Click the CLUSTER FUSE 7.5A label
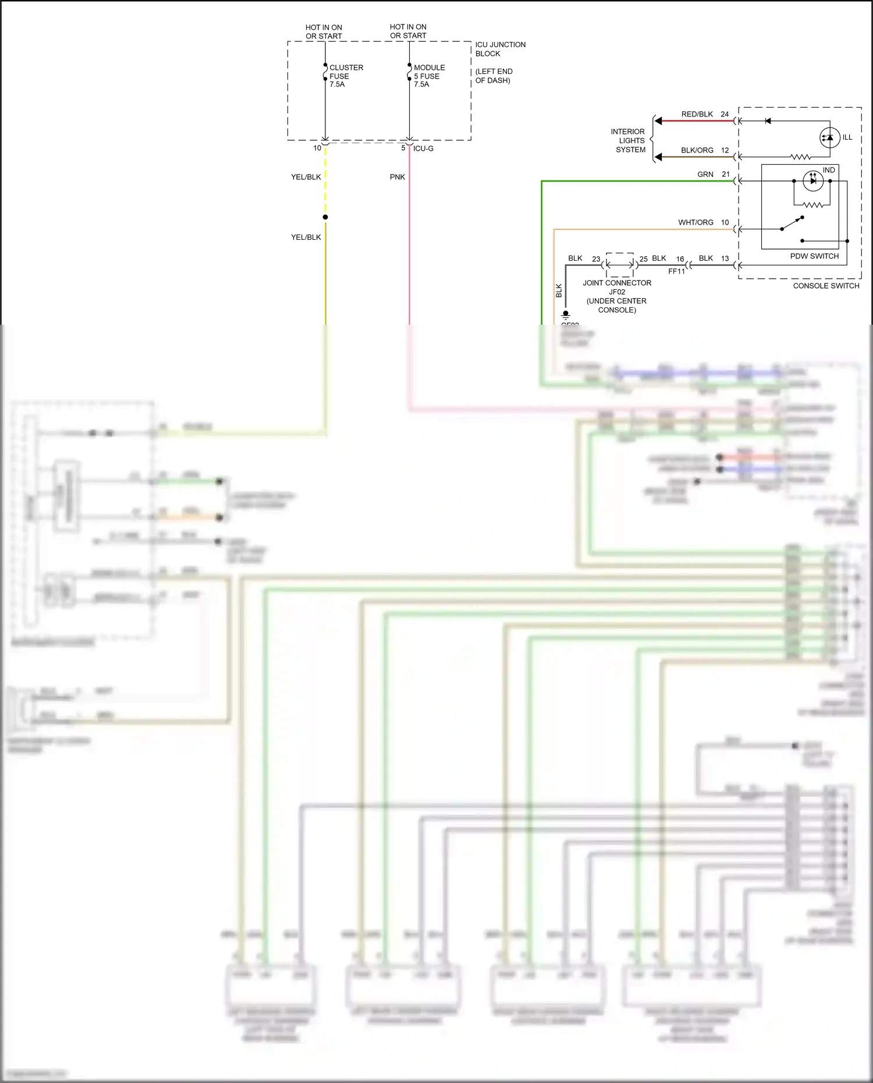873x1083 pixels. pos(346,76)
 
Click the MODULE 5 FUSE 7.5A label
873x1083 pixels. pos(429,76)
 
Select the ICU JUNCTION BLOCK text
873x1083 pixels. pos(500,49)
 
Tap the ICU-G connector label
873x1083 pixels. pos(423,148)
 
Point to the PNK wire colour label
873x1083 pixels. pos(398,177)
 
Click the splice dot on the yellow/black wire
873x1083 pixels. pos(325,217)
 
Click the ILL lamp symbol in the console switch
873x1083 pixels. pos(830,137)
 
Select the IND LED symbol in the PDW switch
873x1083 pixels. pos(812,181)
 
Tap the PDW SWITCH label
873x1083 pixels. pos(814,256)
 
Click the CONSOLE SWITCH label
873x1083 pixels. pos(826,286)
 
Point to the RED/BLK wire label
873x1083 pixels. pos(697,114)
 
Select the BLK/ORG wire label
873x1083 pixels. pos(697,150)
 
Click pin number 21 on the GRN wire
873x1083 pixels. pos(726,174)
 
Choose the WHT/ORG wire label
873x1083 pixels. pos(695,222)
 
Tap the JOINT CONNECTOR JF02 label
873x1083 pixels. pos(617,287)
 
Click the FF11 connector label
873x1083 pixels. pos(676,271)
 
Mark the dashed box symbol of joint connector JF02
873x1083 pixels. pos(620,265)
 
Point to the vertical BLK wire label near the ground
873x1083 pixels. pos(559,290)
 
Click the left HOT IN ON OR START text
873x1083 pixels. pos(324,31)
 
